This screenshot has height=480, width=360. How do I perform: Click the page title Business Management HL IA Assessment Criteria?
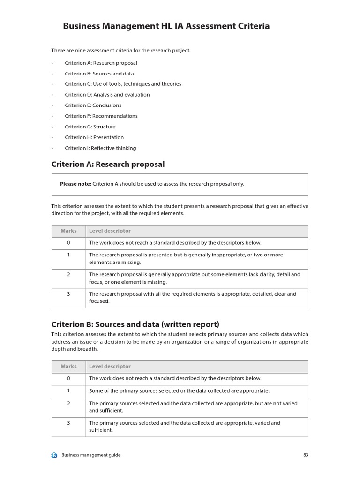click(166, 26)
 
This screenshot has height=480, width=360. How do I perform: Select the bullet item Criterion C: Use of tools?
click(123, 84)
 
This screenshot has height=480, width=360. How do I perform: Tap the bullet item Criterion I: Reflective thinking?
click(100, 148)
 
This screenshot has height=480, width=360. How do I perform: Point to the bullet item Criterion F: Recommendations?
click(101, 116)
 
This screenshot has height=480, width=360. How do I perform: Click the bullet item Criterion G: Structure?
click(90, 127)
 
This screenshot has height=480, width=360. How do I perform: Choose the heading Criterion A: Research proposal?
click(108, 164)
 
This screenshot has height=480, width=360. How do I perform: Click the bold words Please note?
click(75, 184)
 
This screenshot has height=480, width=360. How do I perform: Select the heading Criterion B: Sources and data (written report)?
click(135, 324)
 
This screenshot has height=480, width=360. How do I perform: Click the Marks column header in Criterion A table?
click(68, 231)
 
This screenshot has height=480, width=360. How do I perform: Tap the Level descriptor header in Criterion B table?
click(110, 367)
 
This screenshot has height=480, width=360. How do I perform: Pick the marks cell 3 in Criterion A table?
click(68, 294)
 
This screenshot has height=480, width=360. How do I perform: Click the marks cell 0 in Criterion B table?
click(68, 378)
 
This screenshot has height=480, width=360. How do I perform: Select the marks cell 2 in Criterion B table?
click(68, 403)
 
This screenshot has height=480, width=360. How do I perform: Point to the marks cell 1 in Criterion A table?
click(68, 255)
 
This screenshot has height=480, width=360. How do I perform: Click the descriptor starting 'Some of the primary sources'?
click(179, 391)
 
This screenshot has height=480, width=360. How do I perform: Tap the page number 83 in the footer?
click(305, 455)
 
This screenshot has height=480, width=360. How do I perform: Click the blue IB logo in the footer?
click(54, 455)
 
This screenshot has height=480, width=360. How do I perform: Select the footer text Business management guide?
click(91, 455)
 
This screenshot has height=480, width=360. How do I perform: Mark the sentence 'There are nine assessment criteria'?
click(121, 51)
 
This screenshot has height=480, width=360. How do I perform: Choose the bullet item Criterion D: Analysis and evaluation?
click(107, 95)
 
